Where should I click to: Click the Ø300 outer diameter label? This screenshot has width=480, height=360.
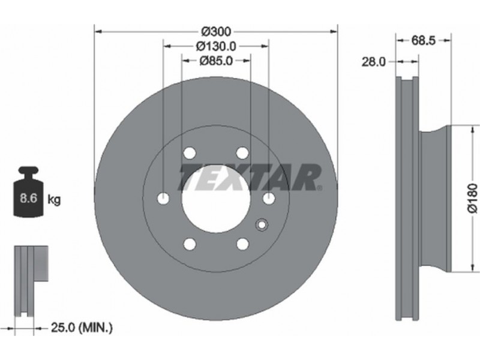216,31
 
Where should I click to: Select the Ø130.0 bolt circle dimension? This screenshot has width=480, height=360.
216,46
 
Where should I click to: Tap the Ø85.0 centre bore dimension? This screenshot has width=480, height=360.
216,61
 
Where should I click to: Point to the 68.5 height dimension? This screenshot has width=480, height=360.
424,40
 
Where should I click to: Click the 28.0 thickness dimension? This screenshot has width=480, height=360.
374,62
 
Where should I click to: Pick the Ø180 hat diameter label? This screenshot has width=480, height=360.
473,198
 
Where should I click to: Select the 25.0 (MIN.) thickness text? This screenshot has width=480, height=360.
82,328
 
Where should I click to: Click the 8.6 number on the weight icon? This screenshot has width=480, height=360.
28,198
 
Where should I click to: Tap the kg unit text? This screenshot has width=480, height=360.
54,200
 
